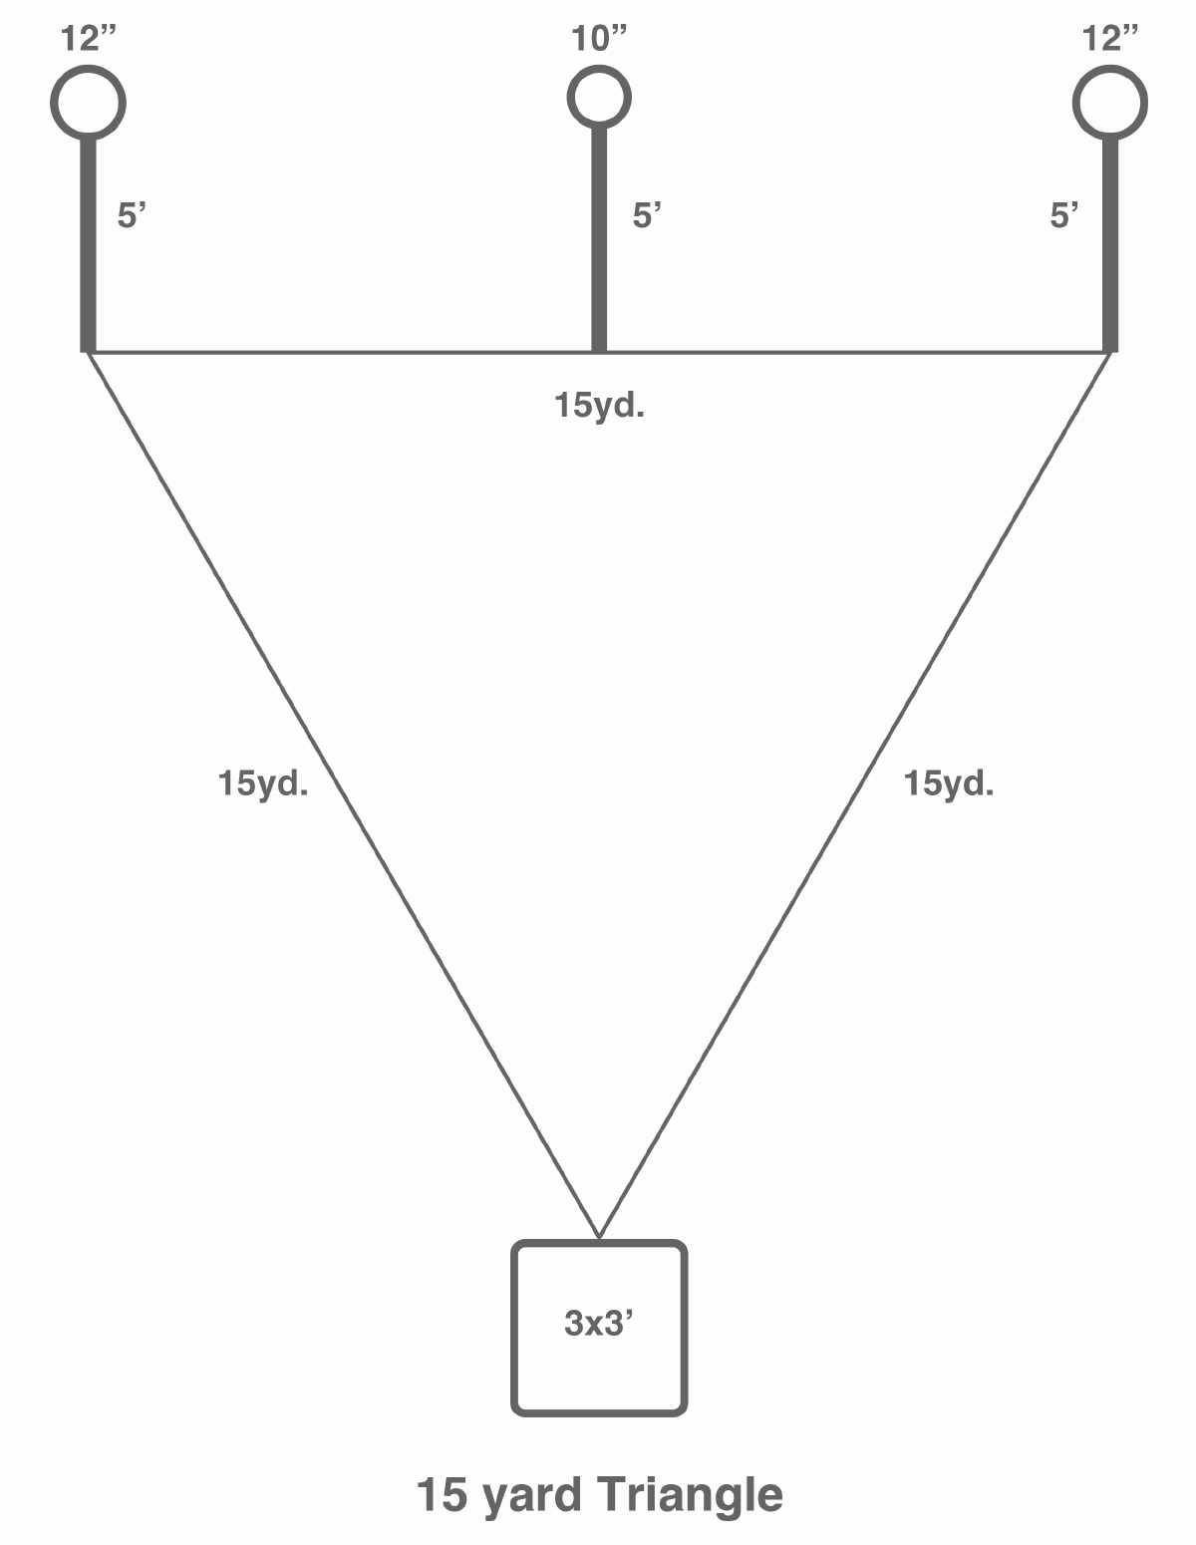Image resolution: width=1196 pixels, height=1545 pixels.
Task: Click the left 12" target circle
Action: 88,103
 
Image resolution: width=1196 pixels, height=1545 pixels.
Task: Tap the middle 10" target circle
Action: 599,98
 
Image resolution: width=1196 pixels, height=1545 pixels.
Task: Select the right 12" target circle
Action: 1110,103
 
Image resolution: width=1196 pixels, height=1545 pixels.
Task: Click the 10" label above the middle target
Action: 599,39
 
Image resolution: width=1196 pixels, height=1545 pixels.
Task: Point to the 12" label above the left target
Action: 88,39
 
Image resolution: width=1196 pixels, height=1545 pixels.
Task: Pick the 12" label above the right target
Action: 1110,39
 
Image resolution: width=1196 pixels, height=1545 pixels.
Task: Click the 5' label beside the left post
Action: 132,214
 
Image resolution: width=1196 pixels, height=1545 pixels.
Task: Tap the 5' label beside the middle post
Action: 647,214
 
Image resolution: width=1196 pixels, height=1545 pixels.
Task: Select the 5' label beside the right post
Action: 1063,214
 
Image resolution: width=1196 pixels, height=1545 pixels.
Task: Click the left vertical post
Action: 88,245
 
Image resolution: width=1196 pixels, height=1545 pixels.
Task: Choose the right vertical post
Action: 1110,245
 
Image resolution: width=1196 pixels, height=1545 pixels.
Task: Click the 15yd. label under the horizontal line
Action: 599,406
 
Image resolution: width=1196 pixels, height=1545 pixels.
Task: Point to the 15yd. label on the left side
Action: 263,784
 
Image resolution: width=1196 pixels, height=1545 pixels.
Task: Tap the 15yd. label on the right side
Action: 949,784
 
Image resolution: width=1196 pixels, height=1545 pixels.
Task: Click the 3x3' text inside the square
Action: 598,1323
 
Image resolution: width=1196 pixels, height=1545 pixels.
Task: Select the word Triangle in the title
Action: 690,1494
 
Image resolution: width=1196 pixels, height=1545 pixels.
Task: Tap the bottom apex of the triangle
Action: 599,1238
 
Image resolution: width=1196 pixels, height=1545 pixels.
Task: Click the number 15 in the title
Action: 443,1494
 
